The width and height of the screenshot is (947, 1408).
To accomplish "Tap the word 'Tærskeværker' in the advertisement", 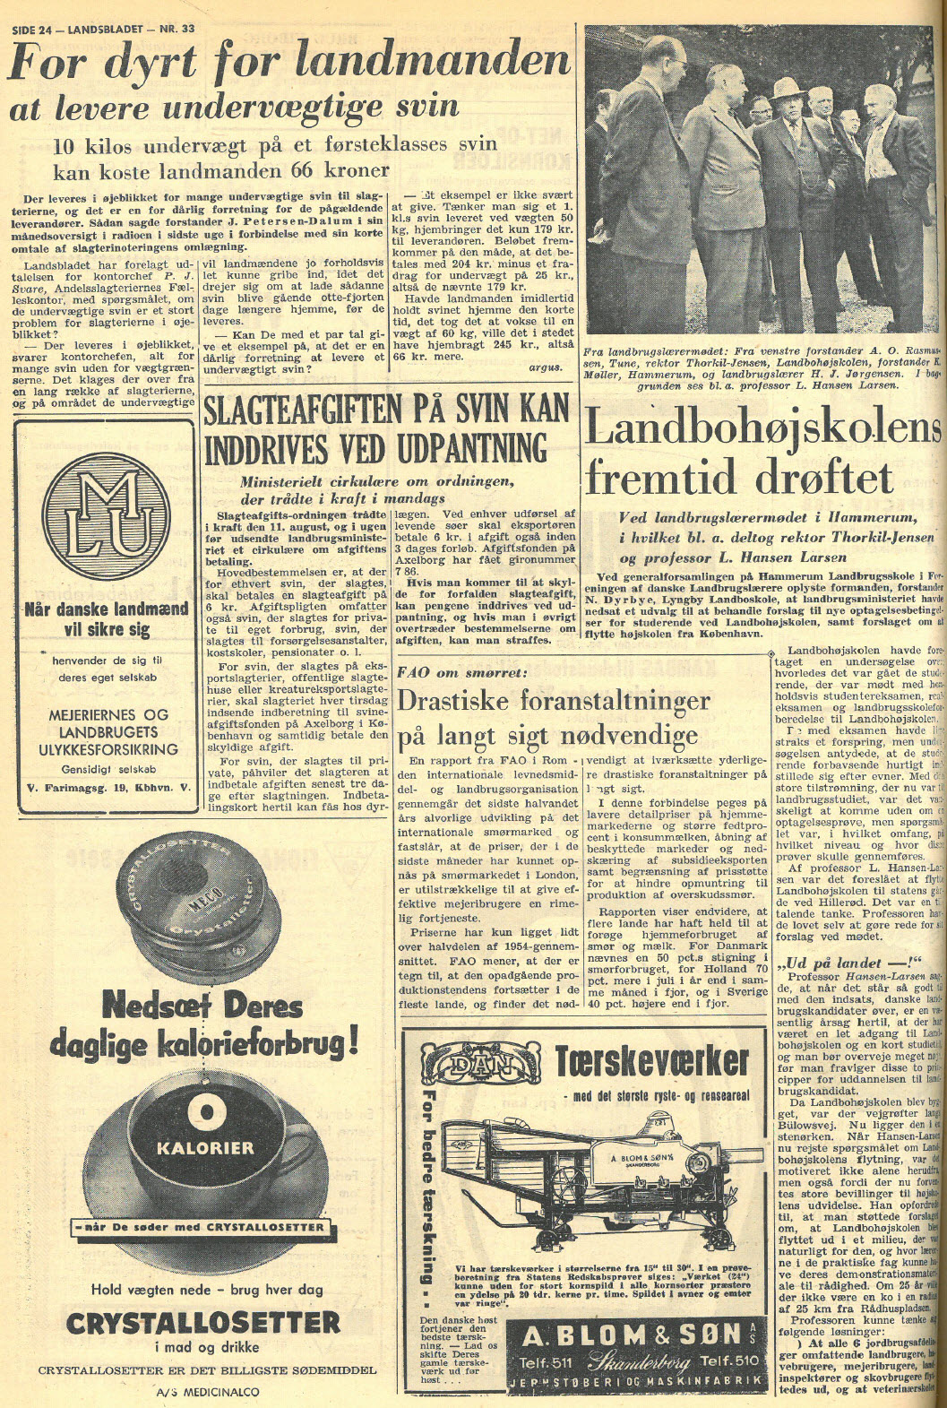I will coord(651,1061).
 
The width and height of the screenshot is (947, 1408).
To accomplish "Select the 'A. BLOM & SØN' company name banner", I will coord(633,1335).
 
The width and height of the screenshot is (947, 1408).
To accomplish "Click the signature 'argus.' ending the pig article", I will coord(546,367).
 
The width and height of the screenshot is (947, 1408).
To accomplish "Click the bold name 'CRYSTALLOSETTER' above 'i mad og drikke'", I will coord(203,1322).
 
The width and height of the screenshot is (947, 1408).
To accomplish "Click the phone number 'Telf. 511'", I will coord(549,1360).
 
